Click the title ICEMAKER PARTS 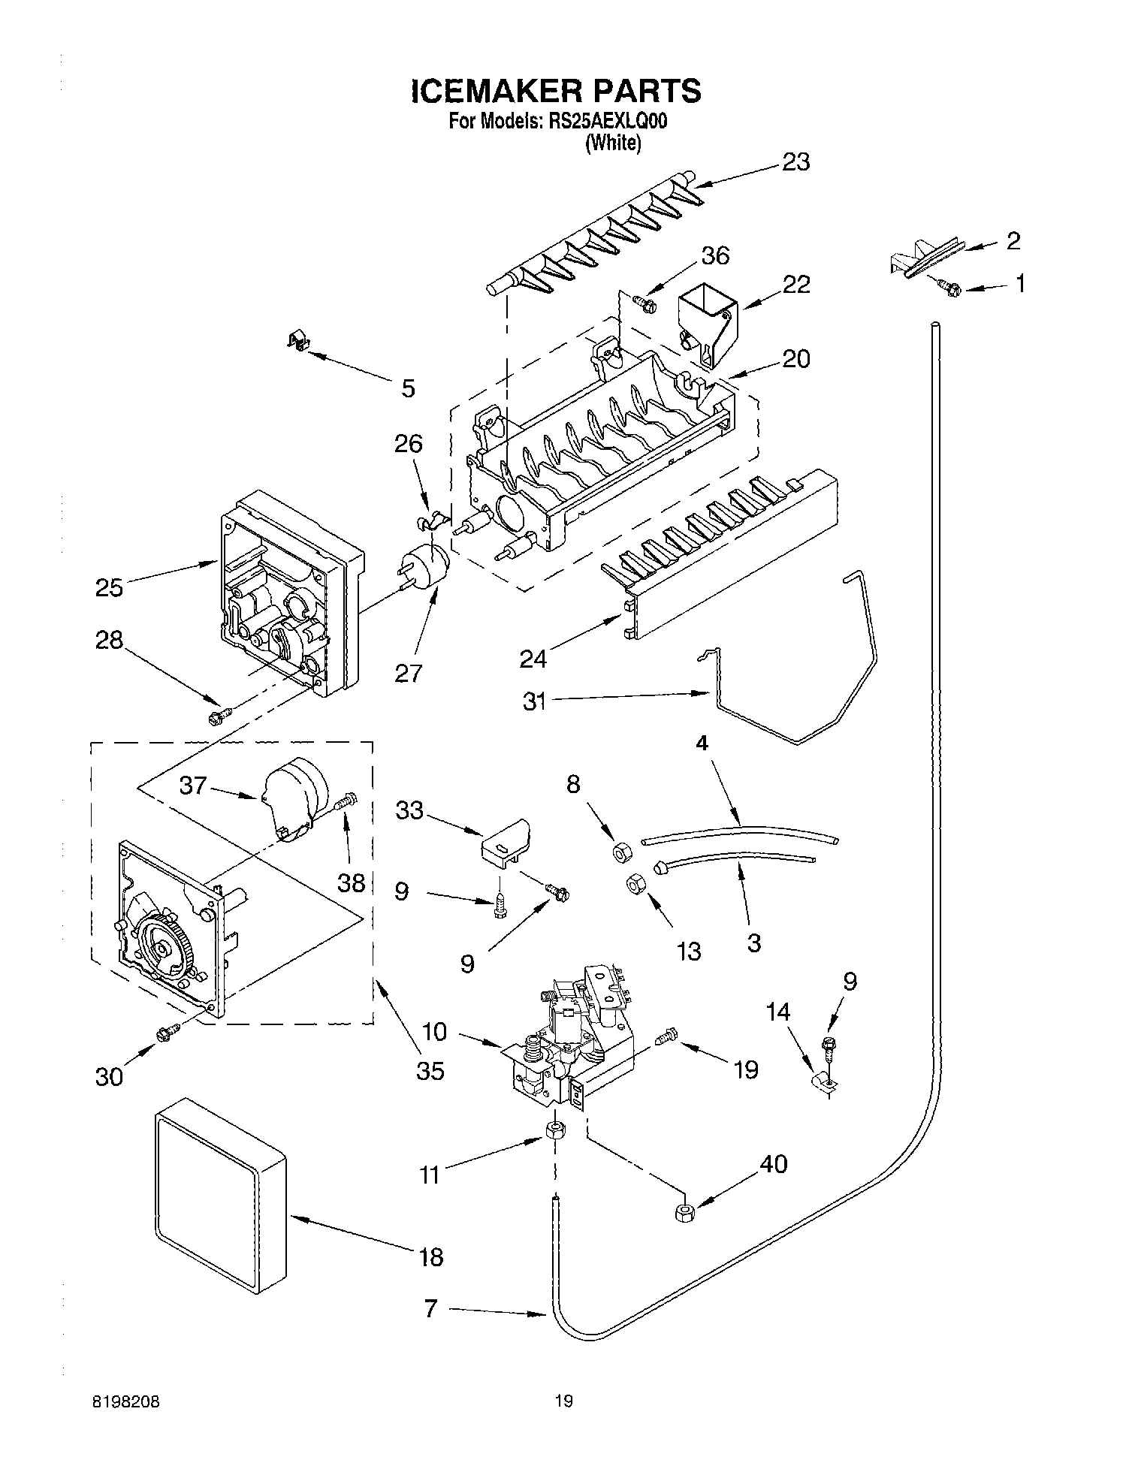point(556,91)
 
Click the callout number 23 point(796,161)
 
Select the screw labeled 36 point(644,303)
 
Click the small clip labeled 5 point(299,342)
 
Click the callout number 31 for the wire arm point(534,701)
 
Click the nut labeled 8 point(621,851)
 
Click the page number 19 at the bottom point(563,1400)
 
